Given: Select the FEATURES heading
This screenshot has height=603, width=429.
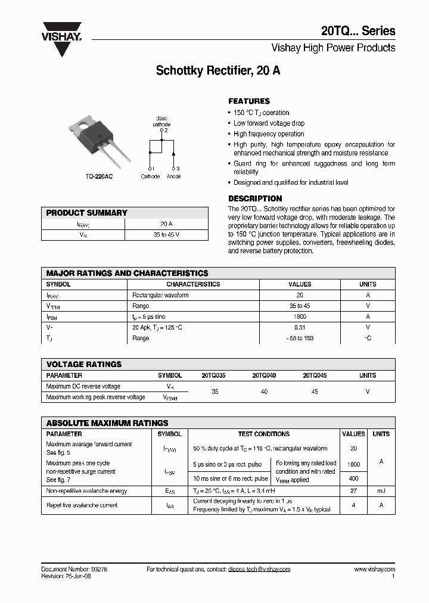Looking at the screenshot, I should pos(249,101).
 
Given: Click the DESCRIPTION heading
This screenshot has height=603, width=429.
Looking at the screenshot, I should pos(255,198).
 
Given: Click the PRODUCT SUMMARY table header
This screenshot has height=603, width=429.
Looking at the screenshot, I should pos(87,213).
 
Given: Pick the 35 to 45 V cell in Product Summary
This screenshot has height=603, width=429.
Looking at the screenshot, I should pos(166,235).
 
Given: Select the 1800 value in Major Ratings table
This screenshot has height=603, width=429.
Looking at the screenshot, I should pos(300,316).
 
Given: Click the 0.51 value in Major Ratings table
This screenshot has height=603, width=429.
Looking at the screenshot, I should pos(300,327).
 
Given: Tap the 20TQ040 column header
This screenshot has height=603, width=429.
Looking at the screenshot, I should pos(264,375).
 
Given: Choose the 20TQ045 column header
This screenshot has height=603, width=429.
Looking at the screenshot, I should pos(315,375).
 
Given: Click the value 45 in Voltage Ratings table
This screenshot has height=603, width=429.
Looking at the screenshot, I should pos(315,391).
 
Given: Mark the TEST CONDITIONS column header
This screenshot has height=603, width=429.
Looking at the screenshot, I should pos(263,434).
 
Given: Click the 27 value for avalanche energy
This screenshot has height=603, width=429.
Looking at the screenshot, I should pos(353,491).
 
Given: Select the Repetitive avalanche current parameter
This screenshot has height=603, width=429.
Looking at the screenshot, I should pos(82,505).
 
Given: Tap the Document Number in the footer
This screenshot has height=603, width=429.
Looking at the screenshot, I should pos(74,569).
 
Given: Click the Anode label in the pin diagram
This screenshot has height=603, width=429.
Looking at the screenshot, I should pos(173,176).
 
